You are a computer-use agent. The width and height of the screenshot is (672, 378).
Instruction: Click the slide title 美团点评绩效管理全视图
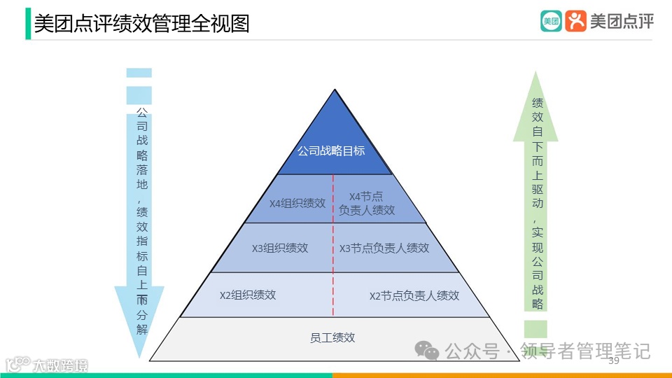[141, 24]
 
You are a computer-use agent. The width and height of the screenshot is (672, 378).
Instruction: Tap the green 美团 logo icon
[551, 21]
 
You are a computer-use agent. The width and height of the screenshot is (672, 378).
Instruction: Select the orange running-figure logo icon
[576, 21]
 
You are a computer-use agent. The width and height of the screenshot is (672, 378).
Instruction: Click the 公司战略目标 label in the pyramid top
[331, 150]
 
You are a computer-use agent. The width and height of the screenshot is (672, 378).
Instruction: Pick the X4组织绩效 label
[297, 204]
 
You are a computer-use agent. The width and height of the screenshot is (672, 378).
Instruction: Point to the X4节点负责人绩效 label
[367, 203]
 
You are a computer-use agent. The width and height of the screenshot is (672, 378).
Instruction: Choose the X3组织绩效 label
[280, 248]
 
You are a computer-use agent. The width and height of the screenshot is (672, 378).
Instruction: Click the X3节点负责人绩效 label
[384, 248]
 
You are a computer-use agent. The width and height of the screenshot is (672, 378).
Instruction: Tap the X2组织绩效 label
[248, 295]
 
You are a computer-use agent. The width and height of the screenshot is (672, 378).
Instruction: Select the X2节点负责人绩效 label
[414, 295]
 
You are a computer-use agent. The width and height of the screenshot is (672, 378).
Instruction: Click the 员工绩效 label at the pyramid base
[332, 337]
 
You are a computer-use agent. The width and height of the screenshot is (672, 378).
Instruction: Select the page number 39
[614, 360]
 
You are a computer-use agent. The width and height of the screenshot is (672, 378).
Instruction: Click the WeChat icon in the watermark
[427, 350]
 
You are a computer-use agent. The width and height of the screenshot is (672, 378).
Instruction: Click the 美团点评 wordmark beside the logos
[622, 22]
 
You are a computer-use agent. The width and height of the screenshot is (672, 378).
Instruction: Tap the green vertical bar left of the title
[28, 24]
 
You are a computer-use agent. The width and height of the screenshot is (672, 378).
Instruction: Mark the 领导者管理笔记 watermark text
[586, 350]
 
